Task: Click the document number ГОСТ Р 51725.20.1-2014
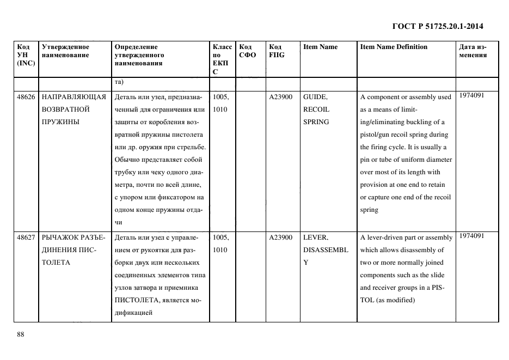pos(438,26)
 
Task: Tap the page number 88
pos(21,334)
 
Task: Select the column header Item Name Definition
pos(394,47)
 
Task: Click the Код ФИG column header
pos(277,51)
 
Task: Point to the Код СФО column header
pos(248,51)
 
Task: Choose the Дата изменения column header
pos(473,51)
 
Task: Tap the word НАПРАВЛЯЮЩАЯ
pos(73,97)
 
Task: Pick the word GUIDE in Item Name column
pos(315,97)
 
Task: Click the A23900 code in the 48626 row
pos(280,97)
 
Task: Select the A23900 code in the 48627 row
pos(280,237)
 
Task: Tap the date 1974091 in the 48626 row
pos(471,95)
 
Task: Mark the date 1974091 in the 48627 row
pos(471,236)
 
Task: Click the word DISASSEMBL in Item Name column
pos(325,250)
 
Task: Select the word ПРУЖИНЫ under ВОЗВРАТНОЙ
pos(60,122)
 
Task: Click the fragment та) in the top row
pos(119,83)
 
